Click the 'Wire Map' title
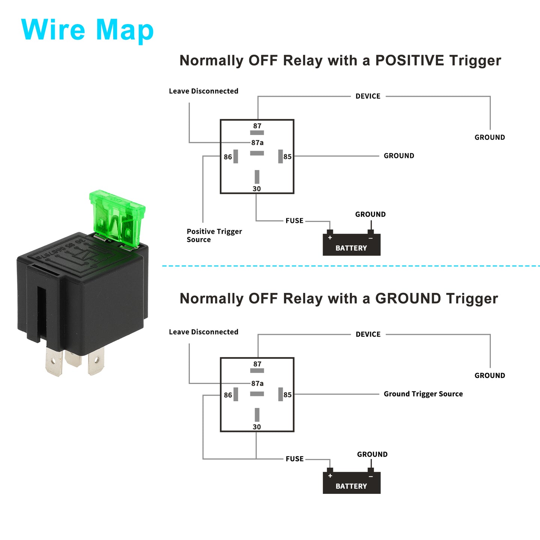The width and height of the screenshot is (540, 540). click(x=87, y=30)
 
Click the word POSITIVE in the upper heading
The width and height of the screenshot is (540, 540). click(x=409, y=60)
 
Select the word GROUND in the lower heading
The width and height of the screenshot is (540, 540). click(x=408, y=298)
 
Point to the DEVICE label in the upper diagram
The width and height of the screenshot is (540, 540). click(x=368, y=96)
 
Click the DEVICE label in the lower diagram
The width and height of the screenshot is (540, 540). click(x=368, y=334)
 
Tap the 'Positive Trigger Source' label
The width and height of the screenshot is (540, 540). click(x=214, y=235)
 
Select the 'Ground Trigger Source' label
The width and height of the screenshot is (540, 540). click(x=423, y=394)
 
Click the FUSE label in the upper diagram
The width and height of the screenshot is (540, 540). click(x=294, y=221)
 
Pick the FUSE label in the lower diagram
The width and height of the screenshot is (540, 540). click(x=294, y=459)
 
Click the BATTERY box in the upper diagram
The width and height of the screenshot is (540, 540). click(x=351, y=244)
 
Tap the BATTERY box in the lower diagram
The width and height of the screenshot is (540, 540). click(x=351, y=483)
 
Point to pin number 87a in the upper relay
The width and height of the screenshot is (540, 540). click(x=257, y=142)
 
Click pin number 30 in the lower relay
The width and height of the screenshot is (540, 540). click(x=257, y=427)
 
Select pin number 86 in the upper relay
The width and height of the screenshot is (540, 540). click(x=228, y=157)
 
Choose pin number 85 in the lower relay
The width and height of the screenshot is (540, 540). click(x=288, y=395)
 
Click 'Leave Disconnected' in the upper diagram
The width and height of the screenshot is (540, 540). click(x=204, y=91)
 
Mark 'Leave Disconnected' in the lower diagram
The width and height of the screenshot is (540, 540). click(x=204, y=332)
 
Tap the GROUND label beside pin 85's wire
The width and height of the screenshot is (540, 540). click(x=399, y=156)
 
